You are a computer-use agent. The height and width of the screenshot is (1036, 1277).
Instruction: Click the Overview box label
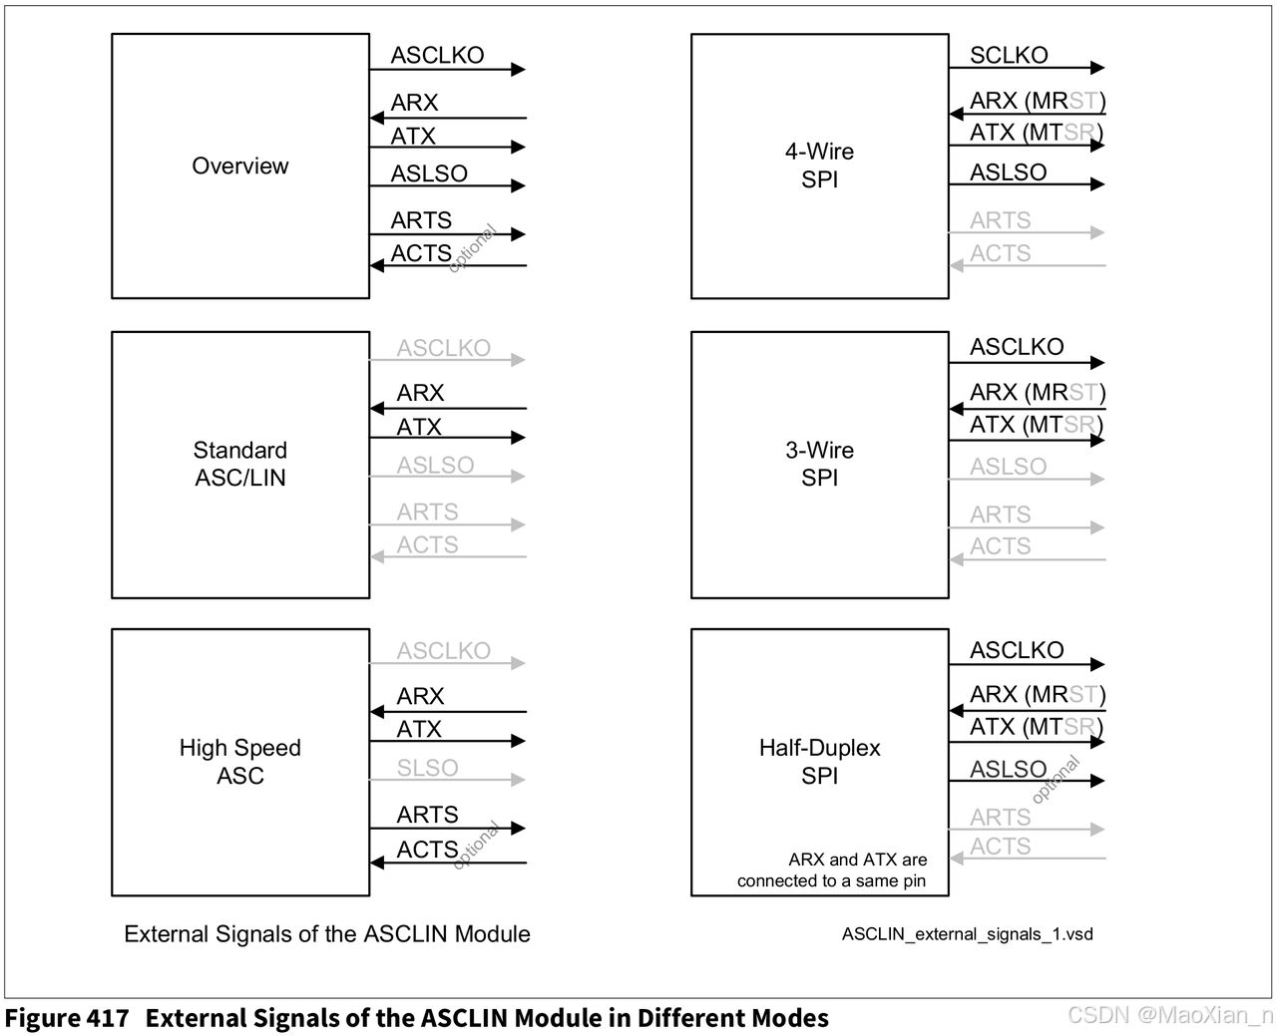239,166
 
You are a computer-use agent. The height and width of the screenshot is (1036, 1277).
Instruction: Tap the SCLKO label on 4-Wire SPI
1009,55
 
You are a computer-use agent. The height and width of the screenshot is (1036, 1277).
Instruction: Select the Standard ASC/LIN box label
239,464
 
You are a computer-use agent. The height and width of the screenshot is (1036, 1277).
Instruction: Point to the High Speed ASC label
239,762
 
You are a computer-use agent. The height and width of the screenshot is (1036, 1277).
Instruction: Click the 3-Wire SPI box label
819,464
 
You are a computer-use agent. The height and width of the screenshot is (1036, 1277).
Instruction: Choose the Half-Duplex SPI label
819,762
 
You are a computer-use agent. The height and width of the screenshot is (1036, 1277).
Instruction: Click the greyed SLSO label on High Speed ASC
427,768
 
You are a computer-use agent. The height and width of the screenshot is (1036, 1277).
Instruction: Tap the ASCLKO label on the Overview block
437,55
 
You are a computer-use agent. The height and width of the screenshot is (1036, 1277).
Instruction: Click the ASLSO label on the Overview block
429,173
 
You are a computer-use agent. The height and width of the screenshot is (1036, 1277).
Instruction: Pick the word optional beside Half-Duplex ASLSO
1056,780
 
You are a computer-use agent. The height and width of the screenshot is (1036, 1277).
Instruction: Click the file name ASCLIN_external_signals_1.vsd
967,934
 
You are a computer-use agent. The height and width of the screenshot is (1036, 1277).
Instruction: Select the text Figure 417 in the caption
67,1018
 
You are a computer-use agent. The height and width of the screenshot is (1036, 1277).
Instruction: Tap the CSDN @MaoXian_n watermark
1169,1015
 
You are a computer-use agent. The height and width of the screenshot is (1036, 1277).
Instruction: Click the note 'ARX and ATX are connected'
831,869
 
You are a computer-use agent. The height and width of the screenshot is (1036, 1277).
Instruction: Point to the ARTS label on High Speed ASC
427,815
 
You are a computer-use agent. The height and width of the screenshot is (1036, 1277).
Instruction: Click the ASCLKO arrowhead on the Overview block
518,69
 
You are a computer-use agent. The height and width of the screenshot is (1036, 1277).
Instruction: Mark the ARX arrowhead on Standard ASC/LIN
377,408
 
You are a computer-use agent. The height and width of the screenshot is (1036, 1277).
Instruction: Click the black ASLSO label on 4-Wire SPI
1008,173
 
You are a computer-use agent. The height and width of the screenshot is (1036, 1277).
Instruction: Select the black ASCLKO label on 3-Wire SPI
1017,347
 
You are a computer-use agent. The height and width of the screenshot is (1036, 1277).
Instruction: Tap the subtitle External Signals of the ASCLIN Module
327,934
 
